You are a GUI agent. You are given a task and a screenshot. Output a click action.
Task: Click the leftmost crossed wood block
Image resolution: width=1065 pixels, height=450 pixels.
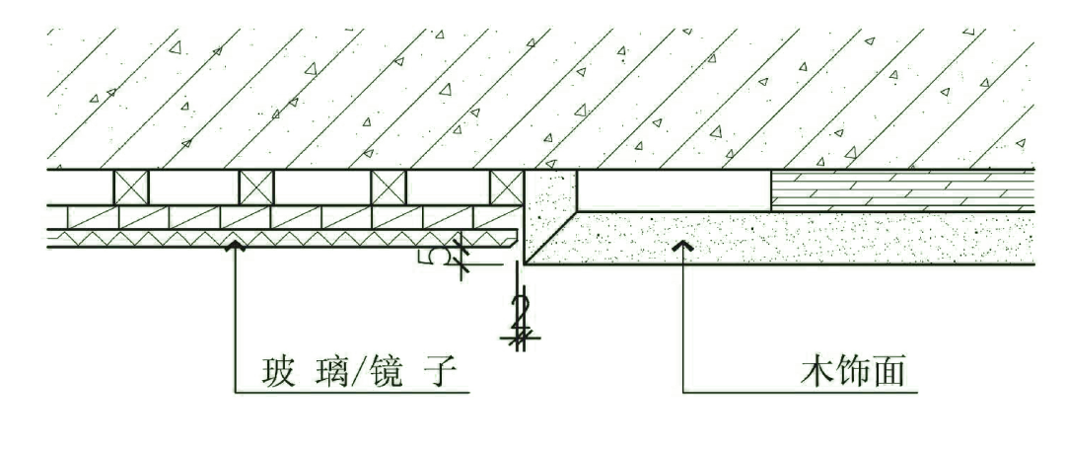tap(131, 187)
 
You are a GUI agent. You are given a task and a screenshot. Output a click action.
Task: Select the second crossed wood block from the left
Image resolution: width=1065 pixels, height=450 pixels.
tap(256, 187)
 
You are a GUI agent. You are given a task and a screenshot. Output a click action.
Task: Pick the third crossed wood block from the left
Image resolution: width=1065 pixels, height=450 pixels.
tap(388, 187)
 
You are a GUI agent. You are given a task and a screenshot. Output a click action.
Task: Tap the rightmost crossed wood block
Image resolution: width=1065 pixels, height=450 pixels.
tap(506, 187)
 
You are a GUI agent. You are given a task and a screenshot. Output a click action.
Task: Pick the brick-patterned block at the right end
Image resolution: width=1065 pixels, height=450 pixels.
tap(902, 189)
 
